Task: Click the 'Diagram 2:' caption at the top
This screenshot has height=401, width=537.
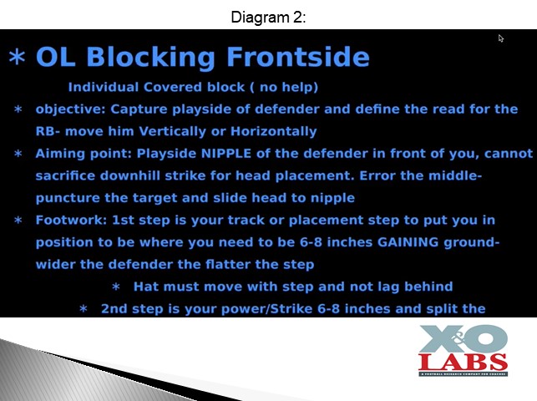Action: (x=268, y=17)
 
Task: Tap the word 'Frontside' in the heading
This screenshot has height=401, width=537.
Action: (x=298, y=57)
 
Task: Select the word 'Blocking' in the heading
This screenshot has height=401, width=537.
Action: (x=151, y=57)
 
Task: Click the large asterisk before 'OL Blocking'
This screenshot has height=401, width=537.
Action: (x=18, y=57)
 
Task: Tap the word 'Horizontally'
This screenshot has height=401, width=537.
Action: (x=274, y=131)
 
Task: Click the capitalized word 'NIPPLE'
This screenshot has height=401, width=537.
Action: (x=226, y=154)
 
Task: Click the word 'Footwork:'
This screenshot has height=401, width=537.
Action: (x=71, y=220)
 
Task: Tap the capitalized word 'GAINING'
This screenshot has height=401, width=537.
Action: (x=408, y=242)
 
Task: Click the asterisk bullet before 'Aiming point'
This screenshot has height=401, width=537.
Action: (x=18, y=154)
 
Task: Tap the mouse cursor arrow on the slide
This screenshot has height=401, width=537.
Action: (x=501, y=38)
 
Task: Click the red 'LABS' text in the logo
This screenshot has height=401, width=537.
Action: (x=463, y=362)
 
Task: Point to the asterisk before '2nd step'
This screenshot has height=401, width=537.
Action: (x=84, y=309)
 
